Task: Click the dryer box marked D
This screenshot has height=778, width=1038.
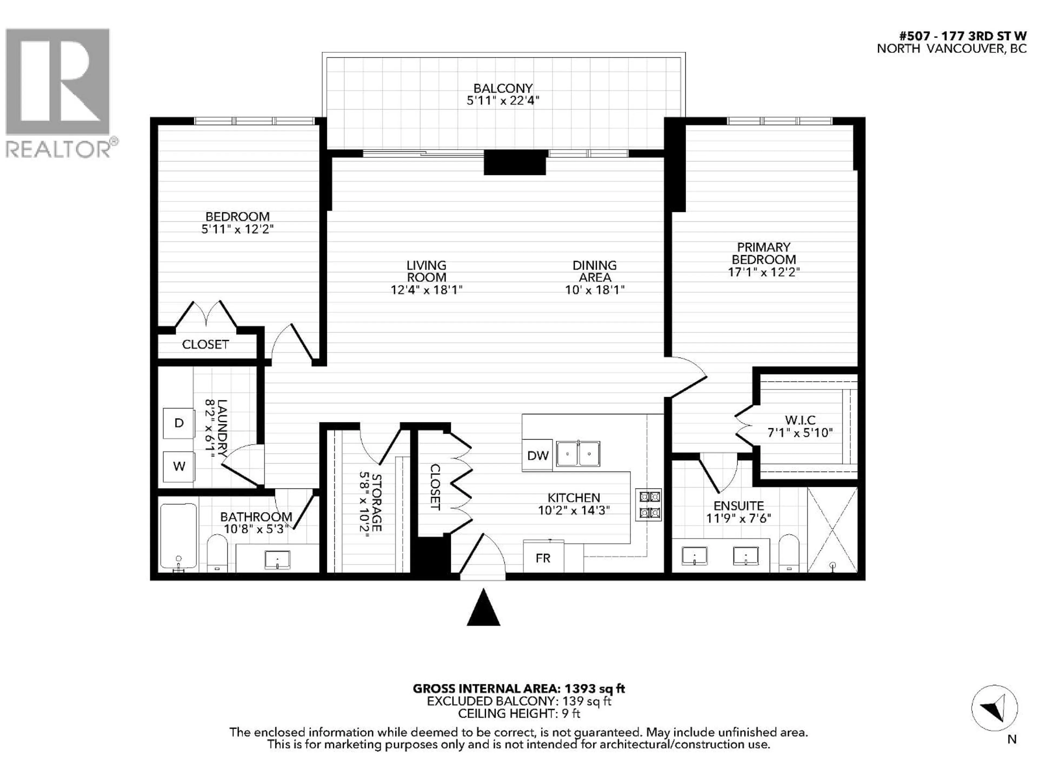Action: (x=179, y=423)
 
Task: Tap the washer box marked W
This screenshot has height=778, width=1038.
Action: (x=179, y=466)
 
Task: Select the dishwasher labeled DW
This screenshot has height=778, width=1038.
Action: (x=538, y=455)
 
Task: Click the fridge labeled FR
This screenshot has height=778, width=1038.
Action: (x=543, y=558)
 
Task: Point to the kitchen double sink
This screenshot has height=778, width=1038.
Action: (x=578, y=454)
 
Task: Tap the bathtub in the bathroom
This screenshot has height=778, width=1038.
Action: (x=178, y=536)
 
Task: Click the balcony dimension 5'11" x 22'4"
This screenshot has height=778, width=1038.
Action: (x=503, y=100)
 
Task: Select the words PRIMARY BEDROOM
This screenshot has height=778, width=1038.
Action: (x=763, y=253)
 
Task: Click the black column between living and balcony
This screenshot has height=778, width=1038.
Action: (x=515, y=163)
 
